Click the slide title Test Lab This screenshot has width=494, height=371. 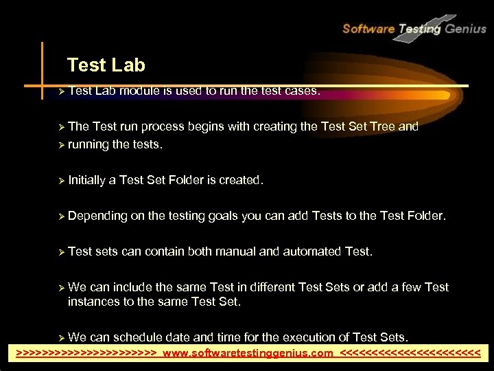106,65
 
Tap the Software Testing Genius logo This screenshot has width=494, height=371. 414,28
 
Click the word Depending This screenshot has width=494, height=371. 97,216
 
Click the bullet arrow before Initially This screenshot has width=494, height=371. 62,181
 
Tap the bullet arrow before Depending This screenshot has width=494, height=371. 62,216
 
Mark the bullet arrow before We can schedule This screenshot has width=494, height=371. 62,337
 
